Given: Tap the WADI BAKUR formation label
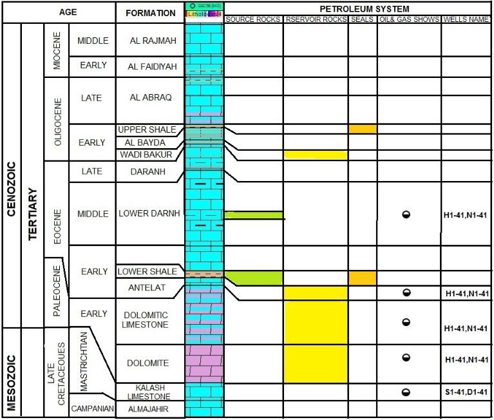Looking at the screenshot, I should tap(146, 155).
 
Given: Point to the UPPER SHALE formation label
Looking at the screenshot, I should tap(147, 129).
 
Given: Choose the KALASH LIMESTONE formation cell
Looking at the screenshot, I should tap(148, 392).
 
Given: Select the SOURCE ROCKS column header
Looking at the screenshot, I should tap(253, 19).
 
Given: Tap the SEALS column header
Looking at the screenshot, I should tap(363, 19).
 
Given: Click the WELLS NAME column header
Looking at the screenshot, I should tap(466, 19).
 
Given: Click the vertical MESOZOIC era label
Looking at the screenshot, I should tap(11, 372).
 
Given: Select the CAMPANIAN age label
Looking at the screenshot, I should tap(93, 408).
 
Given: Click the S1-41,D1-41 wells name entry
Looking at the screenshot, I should tap(467, 392).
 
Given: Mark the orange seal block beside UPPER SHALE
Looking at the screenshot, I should tap(363, 129).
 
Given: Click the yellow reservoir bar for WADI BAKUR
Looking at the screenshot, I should tap(316, 155).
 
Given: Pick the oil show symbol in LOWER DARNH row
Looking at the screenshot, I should tap(406, 215).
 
